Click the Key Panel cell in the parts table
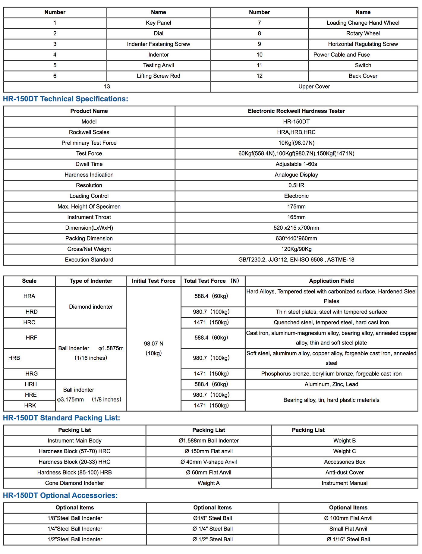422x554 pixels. pyautogui.click(x=158, y=23)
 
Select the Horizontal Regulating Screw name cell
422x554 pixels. pyautogui.click(x=363, y=44)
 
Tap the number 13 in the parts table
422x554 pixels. pyautogui.click(x=107, y=87)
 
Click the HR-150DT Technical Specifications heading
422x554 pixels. pyautogui.click(x=65, y=99)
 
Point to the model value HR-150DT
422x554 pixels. pyautogui.click(x=296, y=121)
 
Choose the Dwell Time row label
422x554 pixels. pyautogui.click(x=89, y=164)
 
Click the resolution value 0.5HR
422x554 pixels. pyautogui.click(x=296, y=185)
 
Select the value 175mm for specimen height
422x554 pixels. pyautogui.click(x=296, y=206)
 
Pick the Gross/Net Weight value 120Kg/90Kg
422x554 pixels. pyautogui.click(x=296, y=249)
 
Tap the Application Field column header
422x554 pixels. pyautogui.click(x=331, y=281)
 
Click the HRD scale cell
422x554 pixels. pyautogui.click(x=31, y=312)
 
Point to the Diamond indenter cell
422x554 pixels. pyautogui.click(x=91, y=307)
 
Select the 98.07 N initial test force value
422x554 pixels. pyautogui.click(x=153, y=344)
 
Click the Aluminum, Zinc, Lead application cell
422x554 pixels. pyautogui.click(x=331, y=384)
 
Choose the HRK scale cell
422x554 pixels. pyautogui.click(x=30, y=405)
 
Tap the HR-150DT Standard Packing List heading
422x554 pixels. pyautogui.click(x=61, y=418)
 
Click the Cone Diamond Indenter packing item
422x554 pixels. pyautogui.click(x=74, y=483)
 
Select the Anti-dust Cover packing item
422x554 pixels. pyautogui.click(x=345, y=472)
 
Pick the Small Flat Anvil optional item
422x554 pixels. pyautogui.click(x=348, y=529)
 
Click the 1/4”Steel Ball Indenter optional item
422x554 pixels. pyautogui.click(x=75, y=529)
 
